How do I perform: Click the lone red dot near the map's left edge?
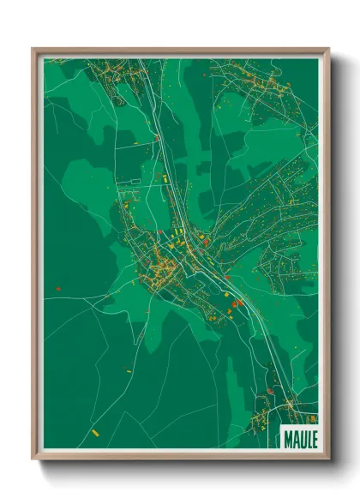tap(58, 289)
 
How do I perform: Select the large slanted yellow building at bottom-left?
tap(95, 433)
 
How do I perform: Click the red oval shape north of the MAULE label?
tap(270, 391)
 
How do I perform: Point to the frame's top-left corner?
tap(33, 49)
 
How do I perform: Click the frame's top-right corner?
tap(329, 49)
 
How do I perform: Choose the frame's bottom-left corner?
tap(33, 459)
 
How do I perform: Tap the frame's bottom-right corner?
tap(329, 459)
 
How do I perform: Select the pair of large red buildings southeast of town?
tap(237, 303)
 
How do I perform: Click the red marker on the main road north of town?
tap(157, 137)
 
